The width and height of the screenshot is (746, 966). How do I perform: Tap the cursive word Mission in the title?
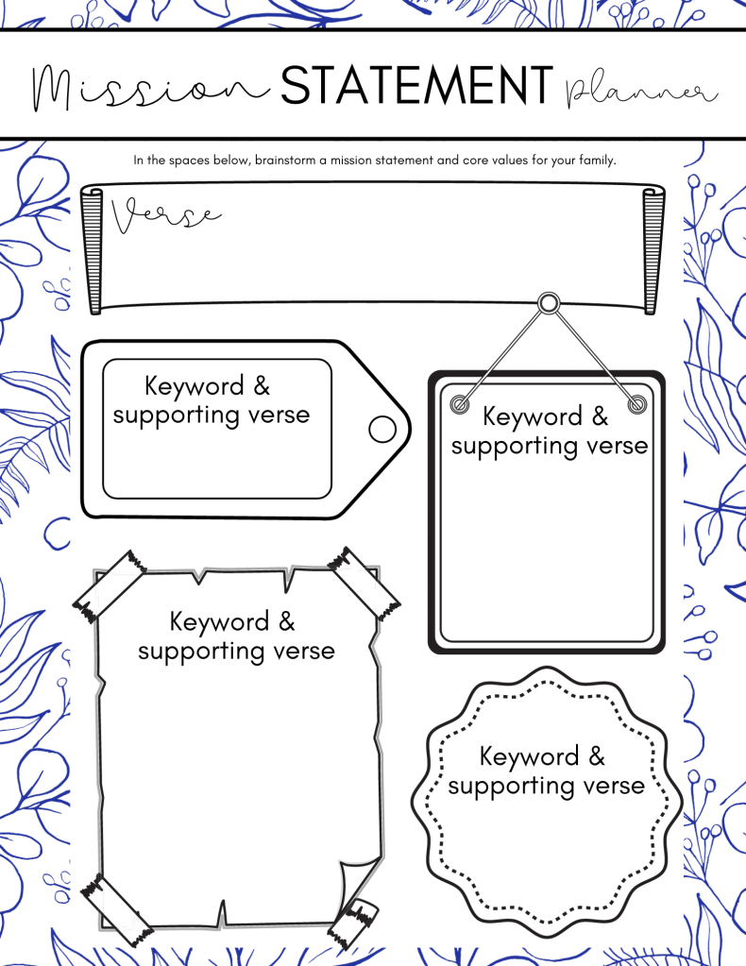pyautogui.click(x=150, y=90)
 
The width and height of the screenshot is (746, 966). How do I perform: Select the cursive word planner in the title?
pyautogui.click(x=640, y=92)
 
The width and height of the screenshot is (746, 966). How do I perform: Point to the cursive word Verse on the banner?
pyautogui.click(x=165, y=215)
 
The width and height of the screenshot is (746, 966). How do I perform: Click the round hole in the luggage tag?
pyautogui.click(x=381, y=429)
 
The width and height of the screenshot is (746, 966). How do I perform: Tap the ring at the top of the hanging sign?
pyautogui.click(x=549, y=303)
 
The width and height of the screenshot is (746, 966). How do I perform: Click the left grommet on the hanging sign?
pyautogui.click(x=460, y=405)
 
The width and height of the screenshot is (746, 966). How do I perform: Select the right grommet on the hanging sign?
pyautogui.click(x=637, y=405)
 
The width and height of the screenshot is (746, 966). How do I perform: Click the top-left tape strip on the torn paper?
pyautogui.click(x=110, y=585)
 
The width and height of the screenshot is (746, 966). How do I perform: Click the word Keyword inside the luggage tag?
pyautogui.click(x=195, y=387)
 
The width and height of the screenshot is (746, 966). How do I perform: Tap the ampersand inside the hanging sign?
pyautogui.click(x=600, y=415)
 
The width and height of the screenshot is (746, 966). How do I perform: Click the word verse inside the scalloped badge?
pyautogui.click(x=614, y=786)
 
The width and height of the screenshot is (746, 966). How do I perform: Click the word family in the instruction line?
pyautogui.click(x=597, y=161)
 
